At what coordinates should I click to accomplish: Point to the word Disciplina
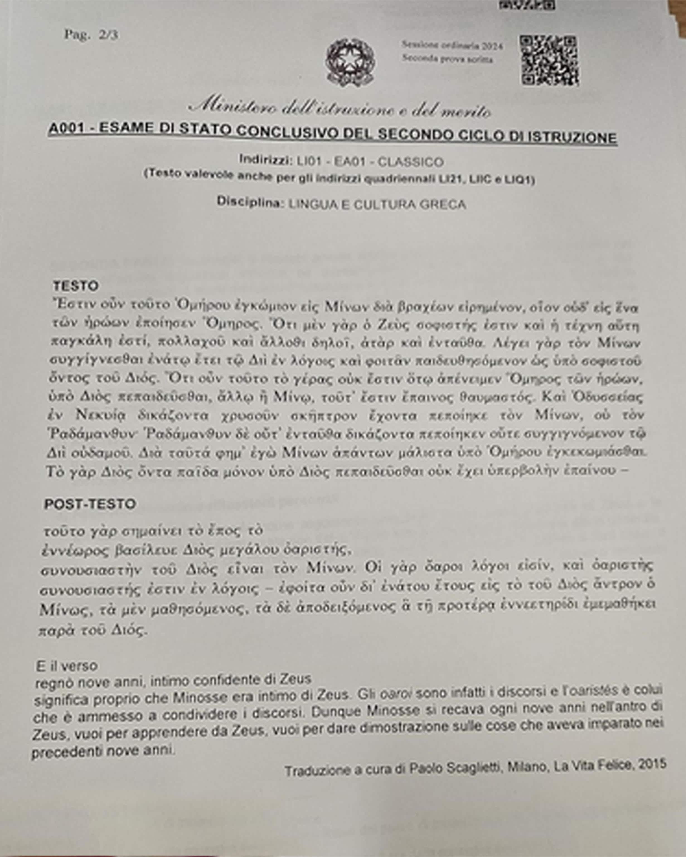(x=249, y=202)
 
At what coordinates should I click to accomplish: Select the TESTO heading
(x=76, y=286)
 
